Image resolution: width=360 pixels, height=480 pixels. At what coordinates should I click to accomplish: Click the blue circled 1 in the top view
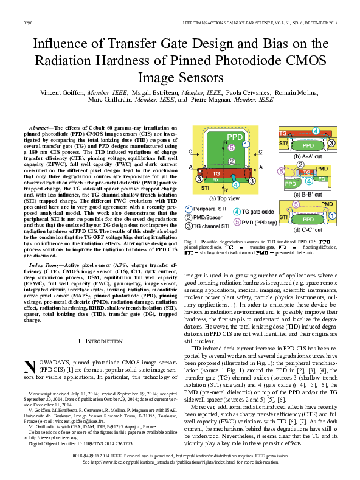(245, 144)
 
